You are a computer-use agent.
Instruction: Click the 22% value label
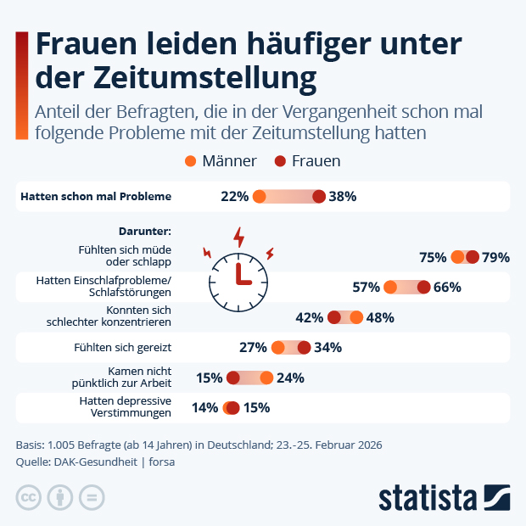(234, 197)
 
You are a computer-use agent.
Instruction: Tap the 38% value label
(342, 197)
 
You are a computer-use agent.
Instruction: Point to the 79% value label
(495, 258)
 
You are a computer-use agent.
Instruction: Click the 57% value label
(366, 288)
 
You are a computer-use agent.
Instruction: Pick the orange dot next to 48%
(356, 317)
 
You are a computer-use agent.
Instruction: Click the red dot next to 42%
(334, 317)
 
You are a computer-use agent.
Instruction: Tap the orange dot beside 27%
(277, 347)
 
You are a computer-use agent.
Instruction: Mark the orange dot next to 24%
(266, 378)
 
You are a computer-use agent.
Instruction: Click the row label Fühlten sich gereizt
(124, 347)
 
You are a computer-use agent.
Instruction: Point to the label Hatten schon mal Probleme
(95, 197)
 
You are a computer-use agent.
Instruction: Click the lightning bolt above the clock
(239, 235)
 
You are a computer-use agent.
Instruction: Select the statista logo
(444, 495)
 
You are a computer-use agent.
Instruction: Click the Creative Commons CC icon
(29, 496)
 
